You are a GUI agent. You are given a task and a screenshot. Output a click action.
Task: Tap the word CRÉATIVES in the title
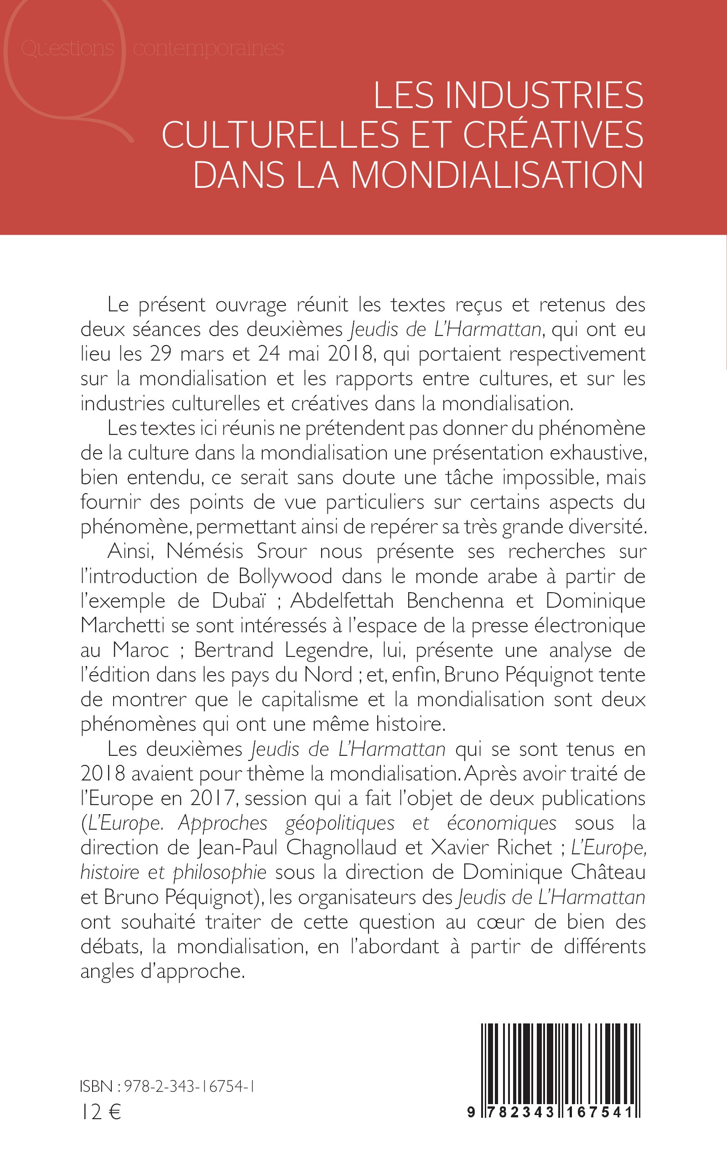pos(553,134)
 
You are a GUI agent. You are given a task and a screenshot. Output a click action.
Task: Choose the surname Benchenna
pos(455,600)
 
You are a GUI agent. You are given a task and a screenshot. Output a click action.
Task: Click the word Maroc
pos(141,650)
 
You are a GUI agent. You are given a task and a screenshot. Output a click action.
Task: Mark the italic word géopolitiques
pos(340,823)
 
